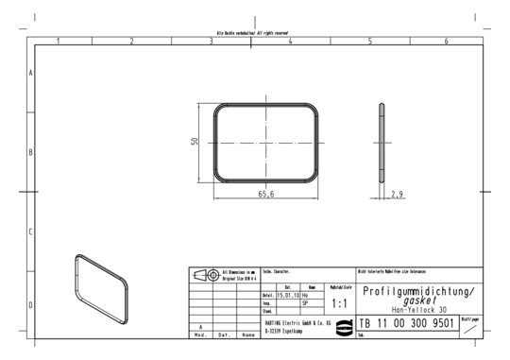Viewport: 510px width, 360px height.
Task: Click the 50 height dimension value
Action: [195, 142]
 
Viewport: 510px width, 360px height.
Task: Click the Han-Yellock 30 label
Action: [419, 310]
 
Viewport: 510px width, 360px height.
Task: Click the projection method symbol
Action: [203, 275]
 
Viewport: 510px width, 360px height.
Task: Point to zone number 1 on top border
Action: [58, 42]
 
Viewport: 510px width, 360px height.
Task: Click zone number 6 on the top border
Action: [447, 42]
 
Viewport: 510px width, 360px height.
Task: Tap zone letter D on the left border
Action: [30, 304]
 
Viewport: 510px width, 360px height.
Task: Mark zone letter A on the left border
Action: [30, 72]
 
